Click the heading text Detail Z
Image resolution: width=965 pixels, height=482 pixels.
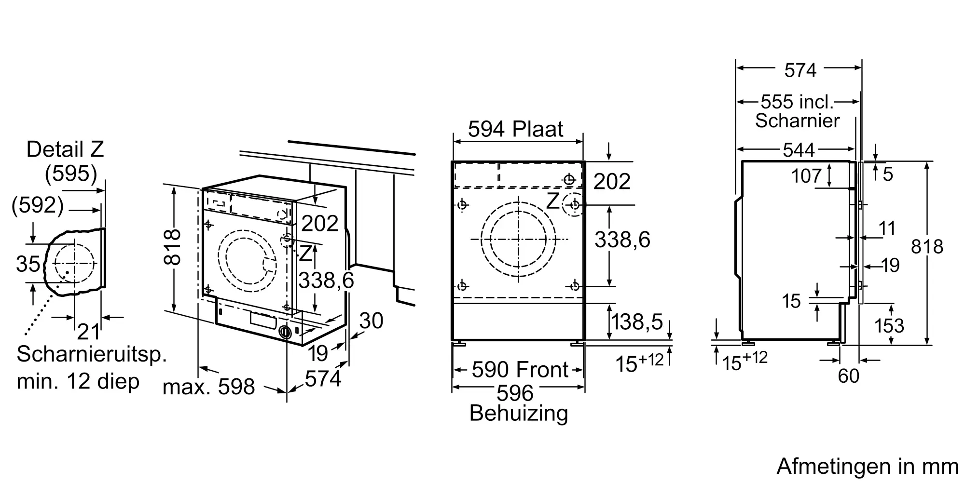coord(65,149)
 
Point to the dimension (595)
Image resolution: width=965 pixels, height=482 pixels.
coord(71,174)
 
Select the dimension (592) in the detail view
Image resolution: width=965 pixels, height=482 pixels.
coord(38,205)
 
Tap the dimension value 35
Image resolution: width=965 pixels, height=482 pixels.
coord(28,264)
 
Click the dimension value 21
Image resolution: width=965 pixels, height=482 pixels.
coord(89,332)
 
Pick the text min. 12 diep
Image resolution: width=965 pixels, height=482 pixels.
coord(78,381)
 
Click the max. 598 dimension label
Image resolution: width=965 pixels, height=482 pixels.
coord(208,387)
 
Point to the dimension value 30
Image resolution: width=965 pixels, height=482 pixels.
coord(372,321)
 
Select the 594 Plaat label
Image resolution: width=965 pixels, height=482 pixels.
coord(516,129)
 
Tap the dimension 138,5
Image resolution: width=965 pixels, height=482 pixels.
coord(637,322)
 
